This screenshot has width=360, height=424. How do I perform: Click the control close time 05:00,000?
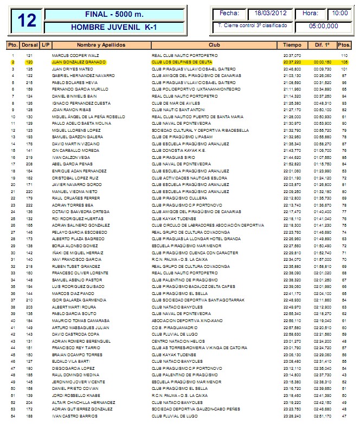323,25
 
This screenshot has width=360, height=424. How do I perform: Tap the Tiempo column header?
292,44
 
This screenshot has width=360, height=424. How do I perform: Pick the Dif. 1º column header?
322,44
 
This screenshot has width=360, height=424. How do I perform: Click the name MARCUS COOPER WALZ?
72,56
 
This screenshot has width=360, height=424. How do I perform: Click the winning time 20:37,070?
292,56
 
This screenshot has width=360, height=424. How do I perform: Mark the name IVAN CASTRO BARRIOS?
71,415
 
